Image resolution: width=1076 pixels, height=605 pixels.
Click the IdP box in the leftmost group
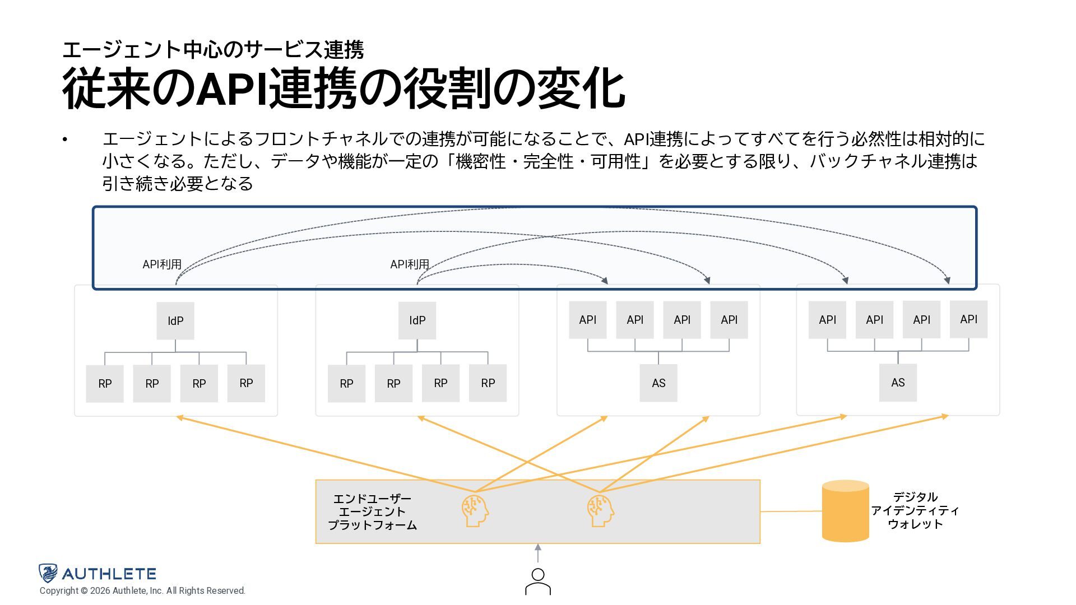tap(175, 321)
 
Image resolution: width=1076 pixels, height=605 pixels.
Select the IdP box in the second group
tap(417, 320)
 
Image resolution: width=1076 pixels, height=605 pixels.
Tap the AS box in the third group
tap(658, 383)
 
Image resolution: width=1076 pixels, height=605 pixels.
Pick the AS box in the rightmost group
tap(898, 383)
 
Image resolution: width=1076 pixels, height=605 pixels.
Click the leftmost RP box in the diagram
tap(105, 384)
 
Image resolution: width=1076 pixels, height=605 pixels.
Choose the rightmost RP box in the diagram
tap(488, 383)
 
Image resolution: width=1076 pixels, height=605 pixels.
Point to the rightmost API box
tap(968, 319)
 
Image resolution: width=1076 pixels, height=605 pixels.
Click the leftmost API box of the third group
tap(587, 320)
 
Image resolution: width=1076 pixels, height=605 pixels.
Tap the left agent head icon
tap(475, 510)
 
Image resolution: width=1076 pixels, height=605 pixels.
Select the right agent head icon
tap(600, 510)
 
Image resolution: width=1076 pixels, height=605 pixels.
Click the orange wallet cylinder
tap(845, 511)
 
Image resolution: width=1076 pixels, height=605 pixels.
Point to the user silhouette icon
tap(538, 581)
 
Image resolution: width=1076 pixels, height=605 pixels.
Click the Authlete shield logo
tap(48, 573)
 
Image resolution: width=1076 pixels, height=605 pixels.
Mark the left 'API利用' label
tap(162, 264)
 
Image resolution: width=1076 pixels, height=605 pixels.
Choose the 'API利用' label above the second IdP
tap(410, 264)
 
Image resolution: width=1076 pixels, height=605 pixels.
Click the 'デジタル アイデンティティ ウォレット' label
tap(915, 510)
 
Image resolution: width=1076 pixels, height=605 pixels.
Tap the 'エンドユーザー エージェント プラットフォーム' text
tap(372, 511)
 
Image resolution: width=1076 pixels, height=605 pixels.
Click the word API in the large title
tap(231, 89)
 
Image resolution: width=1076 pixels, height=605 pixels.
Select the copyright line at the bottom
tap(142, 591)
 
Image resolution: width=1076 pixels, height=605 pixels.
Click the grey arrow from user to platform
tap(538, 553)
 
